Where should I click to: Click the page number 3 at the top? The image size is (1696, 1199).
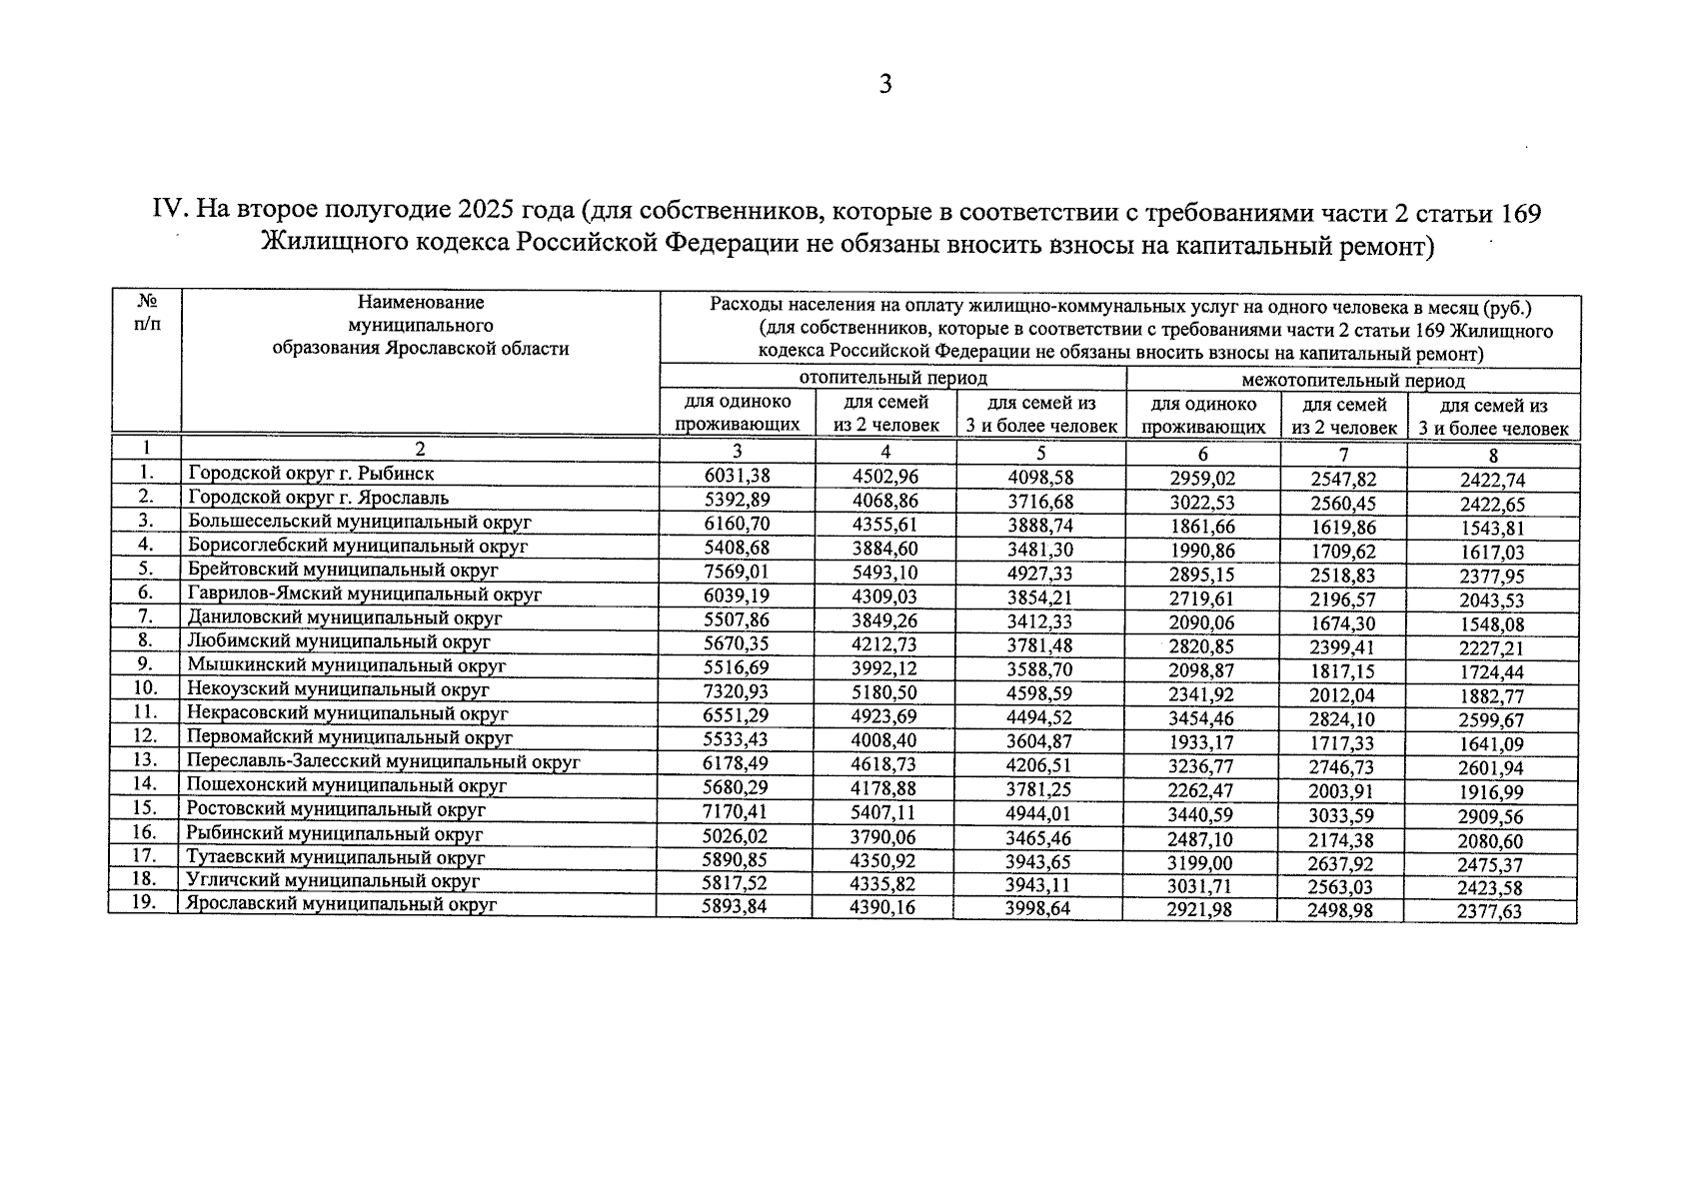click(x=884, y=85)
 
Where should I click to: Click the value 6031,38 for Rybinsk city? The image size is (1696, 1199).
click(x=738, y=477)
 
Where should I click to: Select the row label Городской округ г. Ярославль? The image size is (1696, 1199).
click(x=319, y=498)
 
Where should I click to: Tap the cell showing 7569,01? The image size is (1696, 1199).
click(x=738, y=573)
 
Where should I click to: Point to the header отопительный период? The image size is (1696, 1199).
click(x=892, y=379)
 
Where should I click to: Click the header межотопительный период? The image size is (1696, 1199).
click(x=1352, y=382)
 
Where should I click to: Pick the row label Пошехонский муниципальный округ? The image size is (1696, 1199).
click(x=347, y=785)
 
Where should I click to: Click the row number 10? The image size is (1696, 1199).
click(x=145, y=688)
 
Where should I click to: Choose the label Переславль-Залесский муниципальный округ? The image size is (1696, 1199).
click(x=384, y=761)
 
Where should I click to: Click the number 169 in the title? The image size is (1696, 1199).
click(x=1508, y=213)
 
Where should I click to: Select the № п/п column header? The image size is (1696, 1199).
click(x=146, y=313)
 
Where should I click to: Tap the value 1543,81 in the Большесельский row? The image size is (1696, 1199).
click(x=1491, y=528)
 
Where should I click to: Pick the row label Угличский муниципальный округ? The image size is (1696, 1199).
click(x=334, y=881)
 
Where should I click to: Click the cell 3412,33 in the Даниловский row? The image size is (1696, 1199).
click(x=1039, y=620)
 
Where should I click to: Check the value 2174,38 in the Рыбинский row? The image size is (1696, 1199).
click(x=1341, y=837)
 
